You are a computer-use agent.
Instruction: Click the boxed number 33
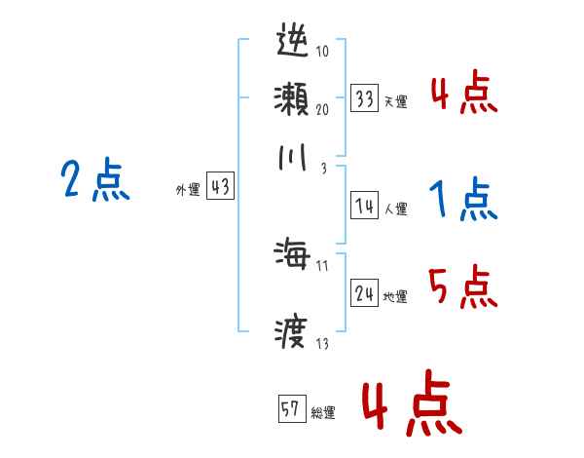pos(364,99)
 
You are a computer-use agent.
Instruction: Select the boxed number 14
pos(364,206)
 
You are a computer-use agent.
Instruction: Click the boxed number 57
pos(291,410)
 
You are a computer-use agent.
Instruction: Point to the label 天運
pos(395,101)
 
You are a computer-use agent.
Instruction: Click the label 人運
pos(395,208)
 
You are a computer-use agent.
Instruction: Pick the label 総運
pos(323,412)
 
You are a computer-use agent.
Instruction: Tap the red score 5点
pos(463,288)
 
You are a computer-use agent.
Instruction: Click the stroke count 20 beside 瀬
pos(321,110)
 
